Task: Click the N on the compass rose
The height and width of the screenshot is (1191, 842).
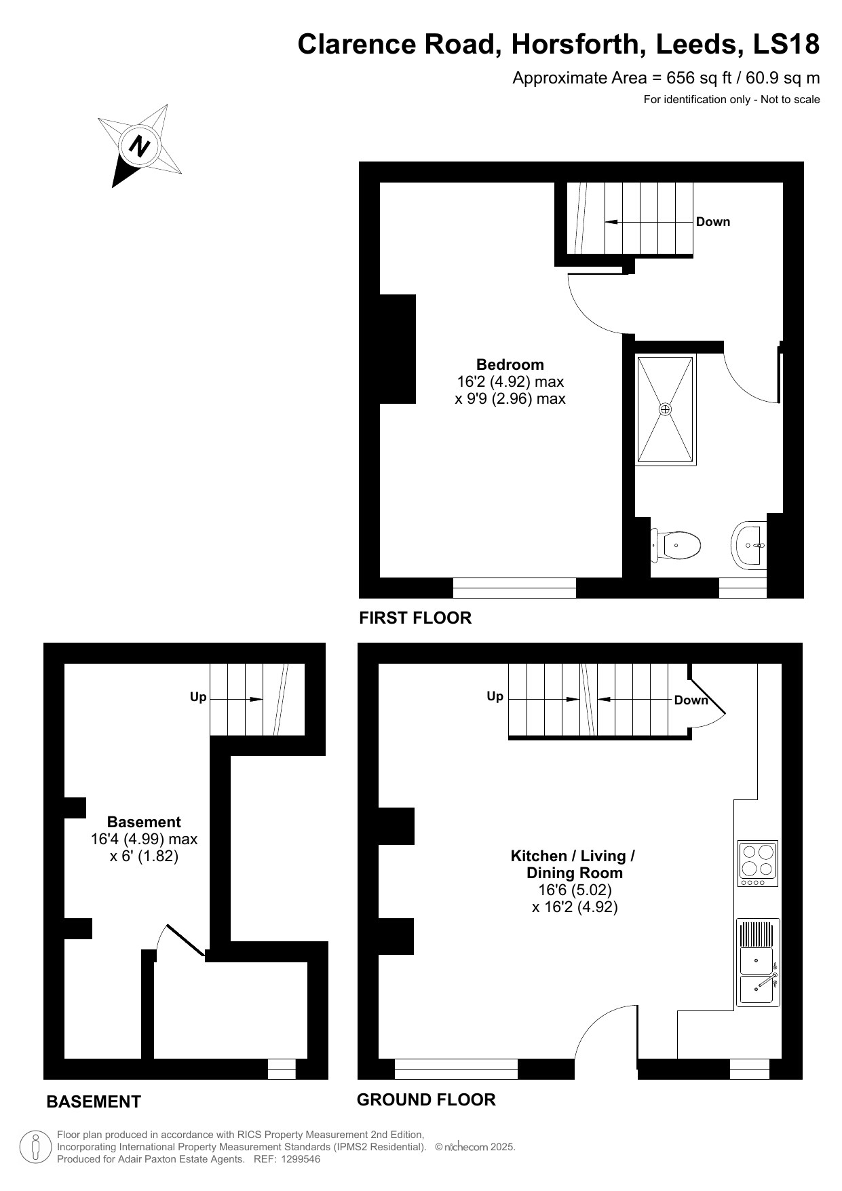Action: point(140,147)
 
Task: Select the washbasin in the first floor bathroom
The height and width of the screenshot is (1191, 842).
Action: point(749,544)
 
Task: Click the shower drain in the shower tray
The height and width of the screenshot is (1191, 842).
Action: point(665,409)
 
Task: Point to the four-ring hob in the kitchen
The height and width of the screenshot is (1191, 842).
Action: point(757,863)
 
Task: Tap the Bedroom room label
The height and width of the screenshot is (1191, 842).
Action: point(510,364)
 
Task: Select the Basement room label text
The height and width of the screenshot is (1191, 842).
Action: point(144,822)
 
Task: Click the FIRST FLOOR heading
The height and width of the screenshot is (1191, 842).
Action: point(415,618)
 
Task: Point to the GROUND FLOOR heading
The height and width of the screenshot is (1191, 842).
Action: point(426,1099)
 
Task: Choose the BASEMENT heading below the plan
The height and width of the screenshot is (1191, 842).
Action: point(94,1101)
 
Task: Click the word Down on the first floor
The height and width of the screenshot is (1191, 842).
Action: point(712,222)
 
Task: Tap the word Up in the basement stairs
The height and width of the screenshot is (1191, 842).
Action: point(198,697)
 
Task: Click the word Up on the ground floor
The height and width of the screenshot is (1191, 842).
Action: point(495,696)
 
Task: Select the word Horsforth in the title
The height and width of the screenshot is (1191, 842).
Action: point(579,44)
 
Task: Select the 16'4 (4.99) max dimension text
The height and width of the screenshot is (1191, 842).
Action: point(144,839)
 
